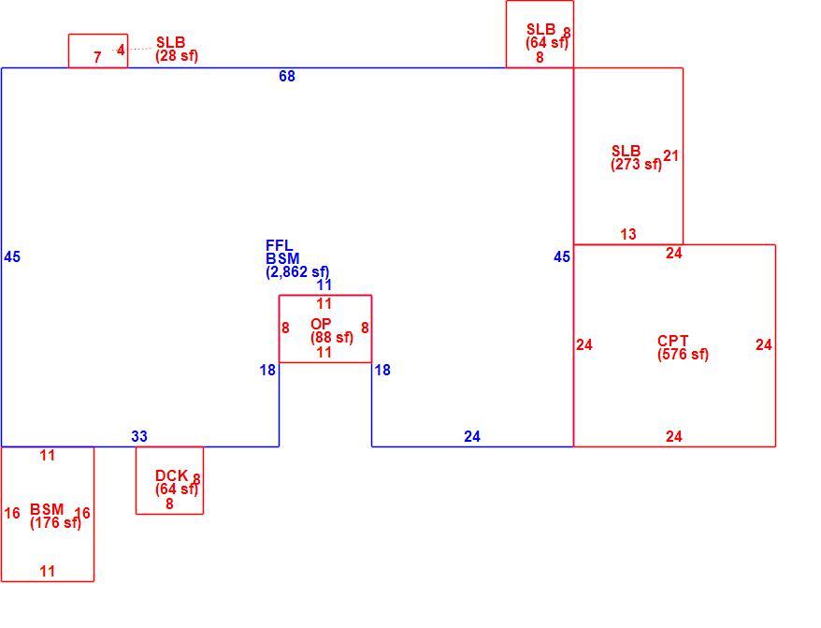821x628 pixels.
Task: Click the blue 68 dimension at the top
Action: (287, 76)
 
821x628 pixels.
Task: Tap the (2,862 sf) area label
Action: (297, 271)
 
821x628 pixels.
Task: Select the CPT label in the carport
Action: (673, 341)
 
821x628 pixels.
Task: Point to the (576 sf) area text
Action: (683, 355)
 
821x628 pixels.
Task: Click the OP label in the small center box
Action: (321, 324)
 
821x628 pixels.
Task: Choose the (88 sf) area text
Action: (332, 338)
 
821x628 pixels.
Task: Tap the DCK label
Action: (171, 475)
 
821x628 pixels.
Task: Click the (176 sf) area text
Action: (55, 522)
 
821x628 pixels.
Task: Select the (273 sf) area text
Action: (636, 164)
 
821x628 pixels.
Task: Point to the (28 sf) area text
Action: (177, 55)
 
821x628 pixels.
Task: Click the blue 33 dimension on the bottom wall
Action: (139, 436)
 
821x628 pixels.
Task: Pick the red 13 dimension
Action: (628, 234)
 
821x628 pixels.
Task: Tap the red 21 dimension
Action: (670, 155)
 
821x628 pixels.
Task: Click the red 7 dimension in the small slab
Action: (97, 57)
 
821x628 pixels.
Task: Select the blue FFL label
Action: (279, 245)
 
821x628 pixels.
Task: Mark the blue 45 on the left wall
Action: (12, 256)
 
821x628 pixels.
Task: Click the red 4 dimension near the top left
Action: (121, 50)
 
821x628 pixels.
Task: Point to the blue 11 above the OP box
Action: (324, 285)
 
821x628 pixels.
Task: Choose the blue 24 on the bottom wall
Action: (472, 436)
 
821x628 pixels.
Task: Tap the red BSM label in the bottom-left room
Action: (47, 509)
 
